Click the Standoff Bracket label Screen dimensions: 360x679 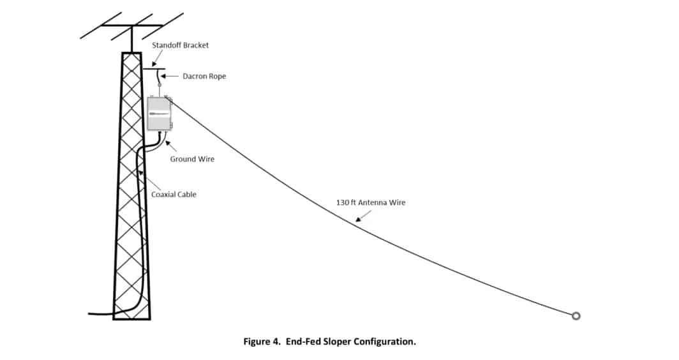click(181, 45)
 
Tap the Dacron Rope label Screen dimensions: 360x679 click(204, 76)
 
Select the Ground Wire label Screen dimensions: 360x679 click(192, 159)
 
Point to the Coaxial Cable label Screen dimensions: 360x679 click(174, 194)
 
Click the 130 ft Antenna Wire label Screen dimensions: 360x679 click(371, 202)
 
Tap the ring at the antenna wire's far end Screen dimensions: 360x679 click(576, 315)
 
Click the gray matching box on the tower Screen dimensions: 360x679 click(159, 113)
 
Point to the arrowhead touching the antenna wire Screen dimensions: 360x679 click(357, 220)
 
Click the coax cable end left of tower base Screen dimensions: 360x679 click(91, 313)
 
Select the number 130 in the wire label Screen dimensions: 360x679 click(343, 202)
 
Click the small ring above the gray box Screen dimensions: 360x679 click(159, 84)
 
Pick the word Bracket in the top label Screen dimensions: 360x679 click(195, 45)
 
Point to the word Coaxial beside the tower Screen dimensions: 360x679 click(163, 194)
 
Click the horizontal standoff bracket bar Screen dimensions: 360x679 click(153, 68)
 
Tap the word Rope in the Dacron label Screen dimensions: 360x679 click(217, 76)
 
